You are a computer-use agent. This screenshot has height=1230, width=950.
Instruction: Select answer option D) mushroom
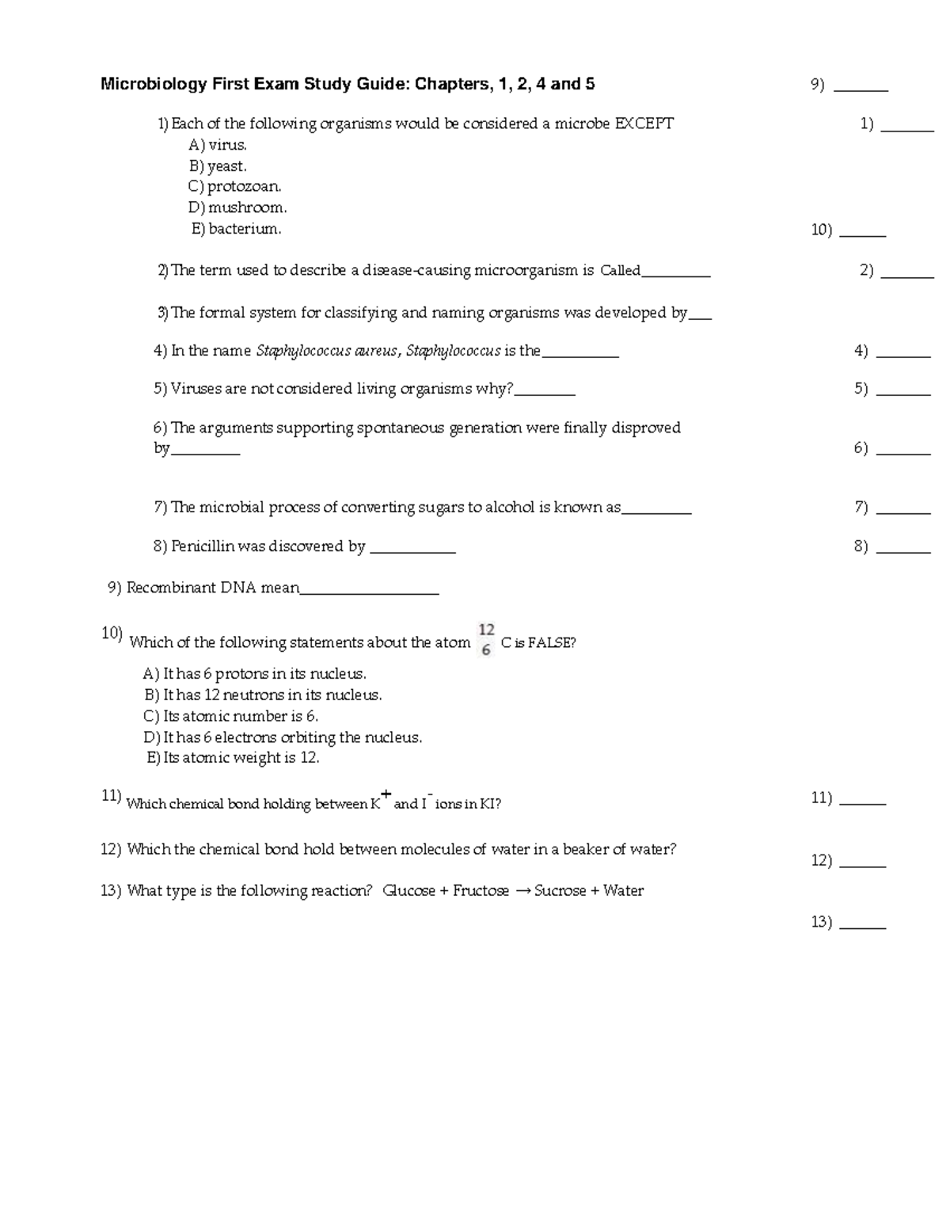237,208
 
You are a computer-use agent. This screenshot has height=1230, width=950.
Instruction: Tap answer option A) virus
218,145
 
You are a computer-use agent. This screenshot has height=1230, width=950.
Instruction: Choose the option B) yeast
218,166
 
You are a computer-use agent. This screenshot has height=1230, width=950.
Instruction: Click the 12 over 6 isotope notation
486,640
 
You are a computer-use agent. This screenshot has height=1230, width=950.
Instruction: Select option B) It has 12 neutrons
264,695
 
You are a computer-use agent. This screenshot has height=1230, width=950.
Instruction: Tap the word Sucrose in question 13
560,891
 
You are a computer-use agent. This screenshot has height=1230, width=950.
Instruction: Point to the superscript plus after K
386,794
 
